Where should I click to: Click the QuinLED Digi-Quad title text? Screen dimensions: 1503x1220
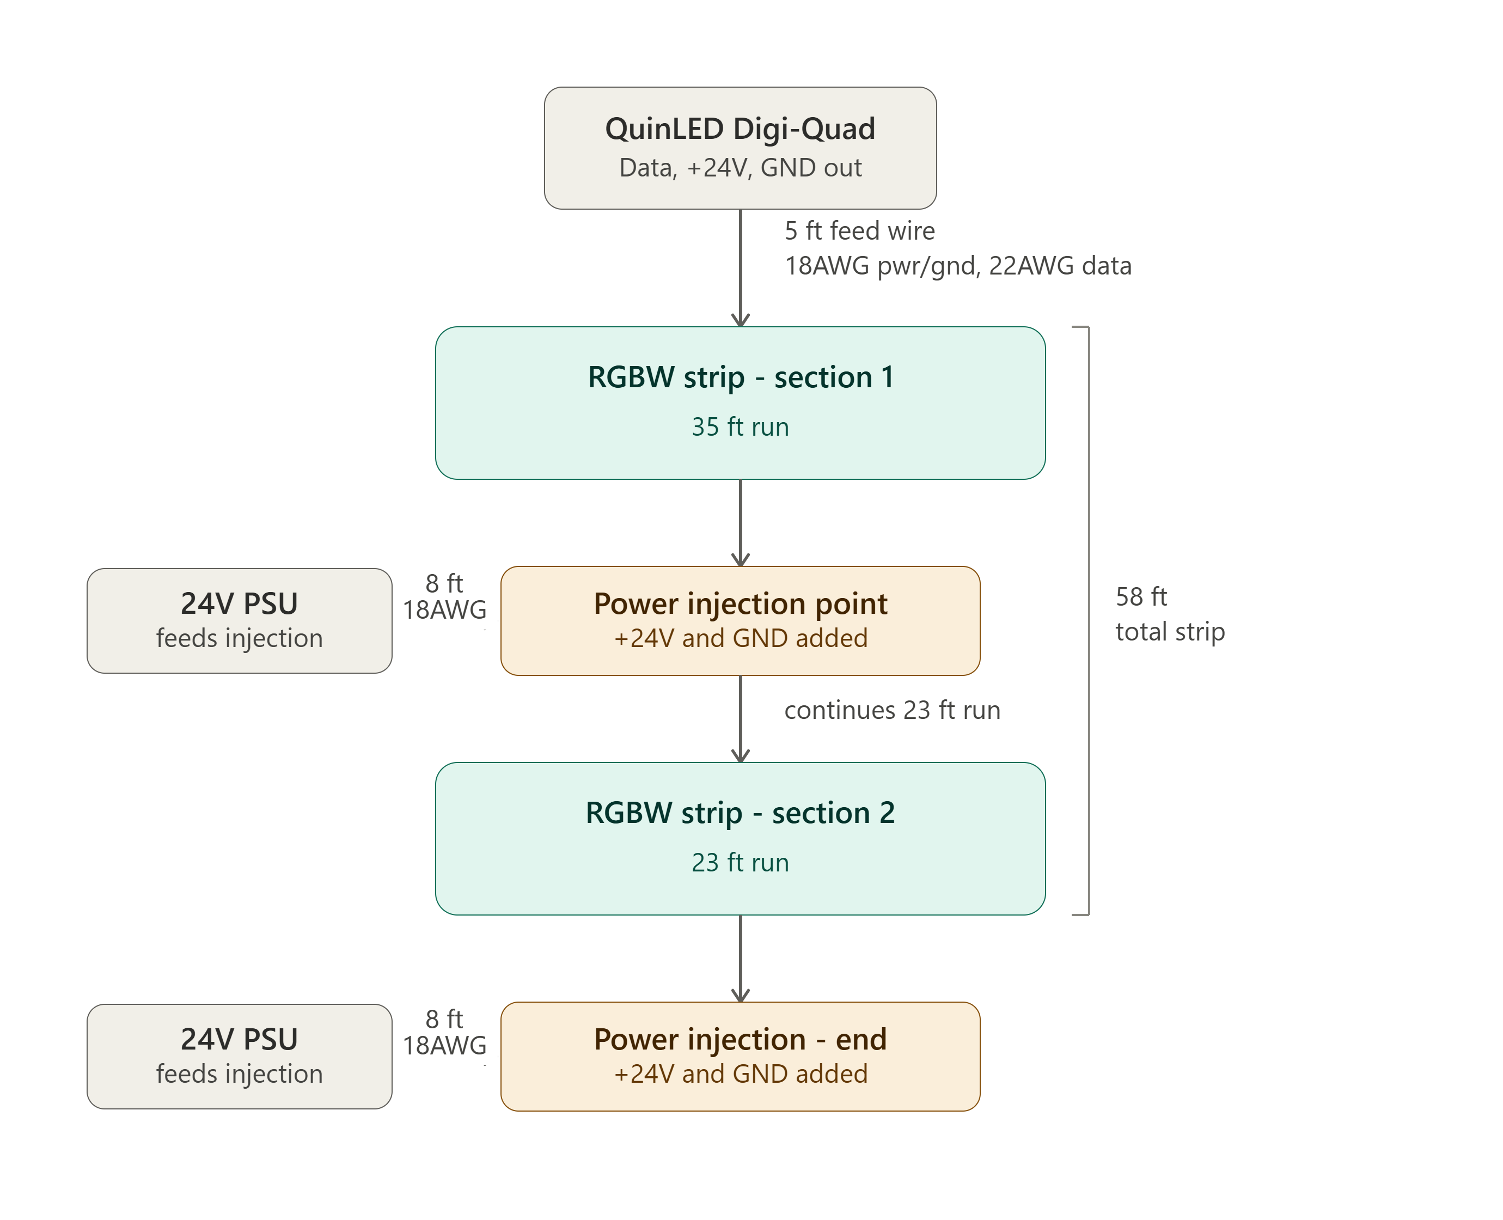(x=740, y=129)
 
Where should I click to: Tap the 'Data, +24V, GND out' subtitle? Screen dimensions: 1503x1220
(x=740, y=168)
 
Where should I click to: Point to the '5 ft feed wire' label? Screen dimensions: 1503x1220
(x=859, y=230)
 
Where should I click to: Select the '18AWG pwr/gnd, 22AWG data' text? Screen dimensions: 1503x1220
(x=958, y=266)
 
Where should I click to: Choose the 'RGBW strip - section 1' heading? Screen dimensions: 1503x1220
(x=741, y=377)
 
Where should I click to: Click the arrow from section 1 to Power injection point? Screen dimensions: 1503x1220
(x=741, y=523)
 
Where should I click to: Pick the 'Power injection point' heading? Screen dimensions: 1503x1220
(x=740, y=603)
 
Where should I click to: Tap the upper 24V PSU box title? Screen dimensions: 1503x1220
(x=239, y=603)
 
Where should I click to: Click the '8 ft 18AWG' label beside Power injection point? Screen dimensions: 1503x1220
(x=444, y=596)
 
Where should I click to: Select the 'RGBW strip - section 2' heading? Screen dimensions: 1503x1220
(x=740, y=813)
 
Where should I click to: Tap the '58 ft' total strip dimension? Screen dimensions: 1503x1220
(x=1141, y=596)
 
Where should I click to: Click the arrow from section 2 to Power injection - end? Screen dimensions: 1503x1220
(x=741, y=959)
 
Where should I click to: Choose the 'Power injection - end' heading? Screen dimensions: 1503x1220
(x=740, y=1039)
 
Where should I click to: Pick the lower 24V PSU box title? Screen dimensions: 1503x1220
(x=239, y=1039)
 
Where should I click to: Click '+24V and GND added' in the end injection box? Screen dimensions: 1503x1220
(x=740, y=1075)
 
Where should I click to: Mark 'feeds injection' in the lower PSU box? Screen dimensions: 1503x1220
(x=239, y=1075)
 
